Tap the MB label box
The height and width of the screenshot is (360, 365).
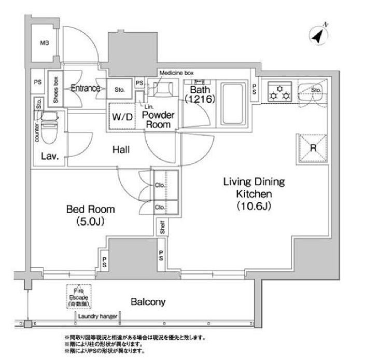click(45, 44)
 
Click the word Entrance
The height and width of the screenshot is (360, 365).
click(85, 88)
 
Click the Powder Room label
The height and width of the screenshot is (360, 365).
click(158, 120)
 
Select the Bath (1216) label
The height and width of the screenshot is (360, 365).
click(198, 96)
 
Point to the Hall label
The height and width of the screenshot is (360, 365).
click(121, 150)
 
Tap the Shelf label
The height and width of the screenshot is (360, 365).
click(162, 227)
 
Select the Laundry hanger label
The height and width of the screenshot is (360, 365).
click(97, 316)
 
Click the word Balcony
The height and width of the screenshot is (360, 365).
click(147, 301)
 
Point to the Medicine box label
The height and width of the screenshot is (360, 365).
click(176, 73)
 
